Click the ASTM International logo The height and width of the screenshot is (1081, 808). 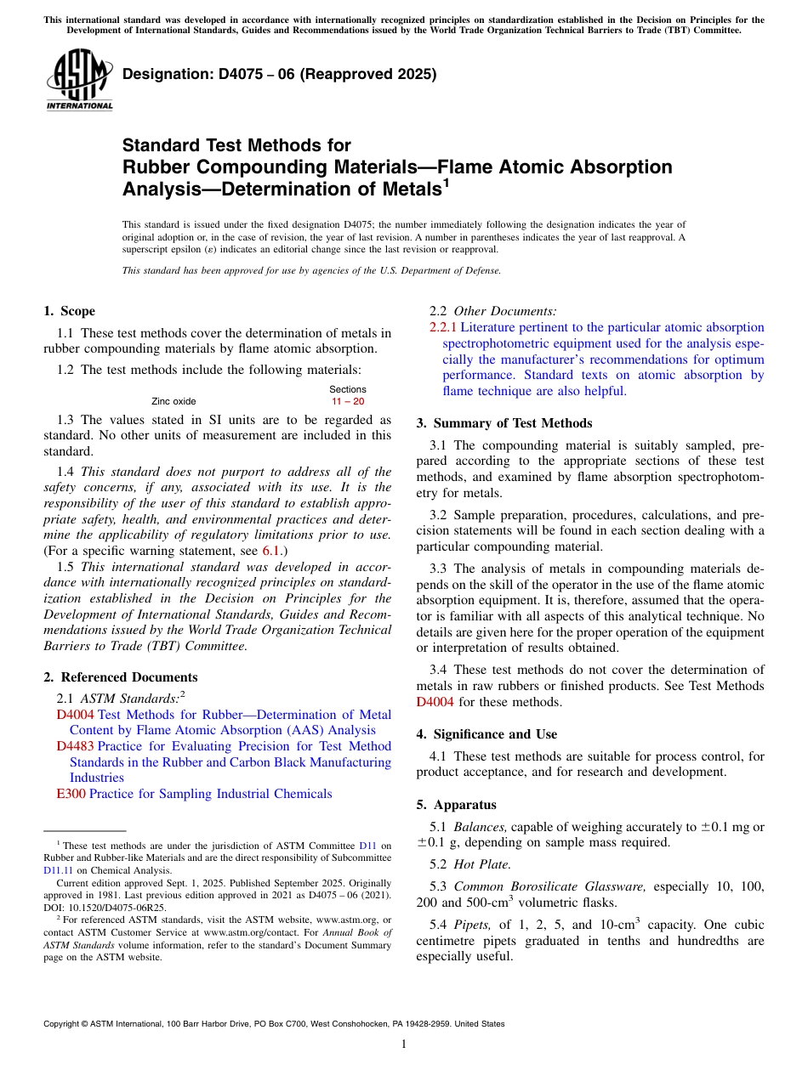(79, 78)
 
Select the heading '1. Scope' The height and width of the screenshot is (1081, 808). (69, 311)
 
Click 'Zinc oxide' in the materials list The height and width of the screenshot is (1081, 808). (174, 401)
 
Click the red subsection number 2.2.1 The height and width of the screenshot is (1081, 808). (443, 327)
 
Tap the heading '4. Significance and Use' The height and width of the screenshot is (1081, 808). (487, 734)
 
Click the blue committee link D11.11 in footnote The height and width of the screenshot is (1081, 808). (57, 870)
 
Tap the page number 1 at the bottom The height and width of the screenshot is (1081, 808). (404, 1044)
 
